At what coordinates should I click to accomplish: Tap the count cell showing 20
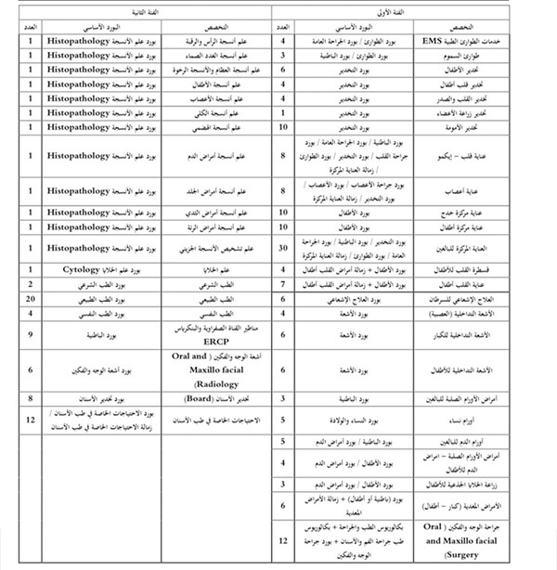31,300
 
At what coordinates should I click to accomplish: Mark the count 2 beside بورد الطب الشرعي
31,285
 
